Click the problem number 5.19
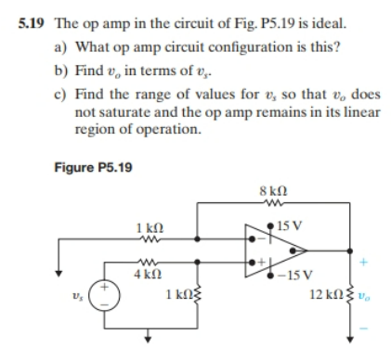pos(31,16)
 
